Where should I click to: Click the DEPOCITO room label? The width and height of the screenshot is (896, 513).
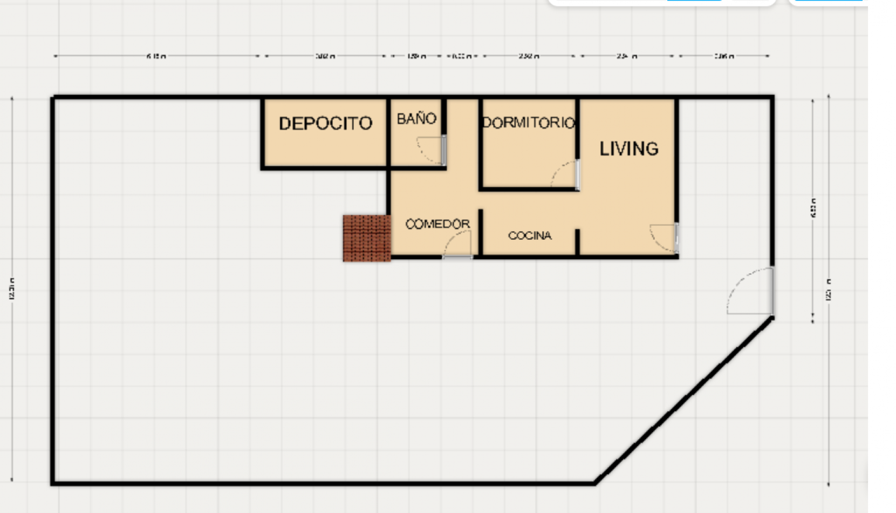pos(325,124)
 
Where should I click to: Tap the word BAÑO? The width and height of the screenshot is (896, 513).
pos(416,119)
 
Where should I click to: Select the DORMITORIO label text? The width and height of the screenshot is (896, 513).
pos(528,123)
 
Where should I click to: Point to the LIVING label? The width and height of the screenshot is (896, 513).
pos(629,148)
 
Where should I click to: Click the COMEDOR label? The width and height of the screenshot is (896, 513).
pos(437,224)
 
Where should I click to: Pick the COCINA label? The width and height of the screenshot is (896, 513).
pos(529,235)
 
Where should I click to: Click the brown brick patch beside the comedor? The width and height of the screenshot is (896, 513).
pos(367,238)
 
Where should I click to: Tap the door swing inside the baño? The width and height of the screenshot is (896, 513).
pos(430,150)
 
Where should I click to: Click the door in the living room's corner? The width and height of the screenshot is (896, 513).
pos(664,238)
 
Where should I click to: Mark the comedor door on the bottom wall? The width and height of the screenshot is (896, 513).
pos(457,246)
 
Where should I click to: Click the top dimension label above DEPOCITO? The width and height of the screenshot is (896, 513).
pos(325,56)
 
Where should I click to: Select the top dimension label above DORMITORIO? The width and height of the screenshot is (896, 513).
pos(528,56)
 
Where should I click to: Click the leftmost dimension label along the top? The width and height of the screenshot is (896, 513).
pos(156,56)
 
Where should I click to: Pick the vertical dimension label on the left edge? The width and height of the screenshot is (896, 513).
pos(12,288)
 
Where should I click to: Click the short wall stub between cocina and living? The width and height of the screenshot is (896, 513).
pos(577,241)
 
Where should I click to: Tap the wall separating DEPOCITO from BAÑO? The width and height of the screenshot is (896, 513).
pos(388,132)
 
